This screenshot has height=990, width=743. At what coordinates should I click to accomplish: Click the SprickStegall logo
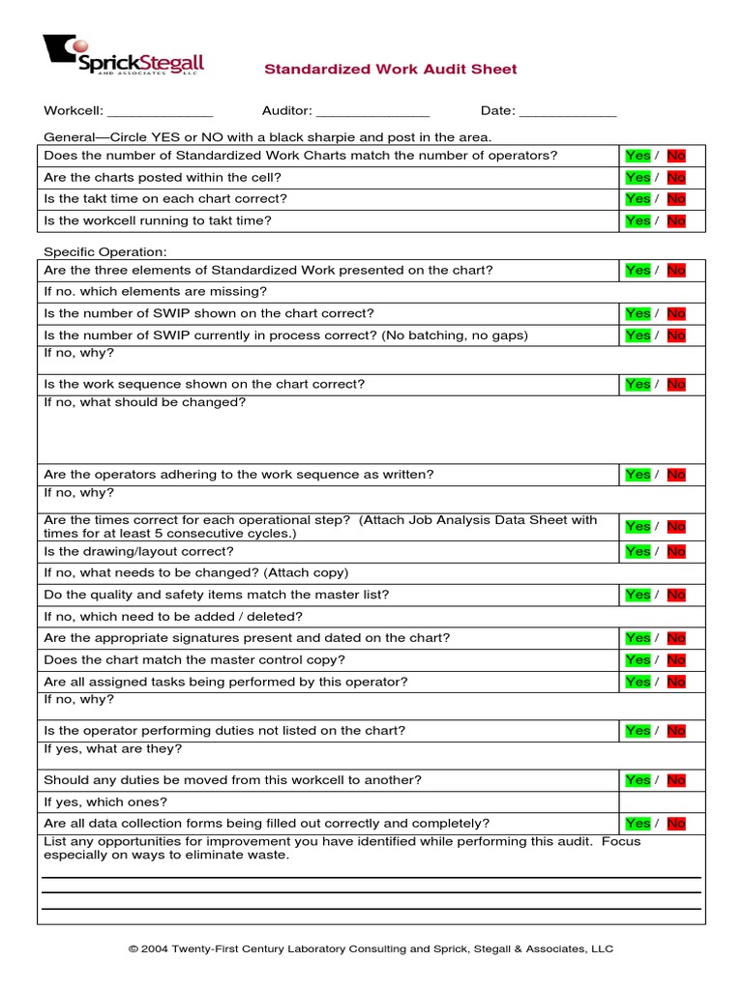[123, 55]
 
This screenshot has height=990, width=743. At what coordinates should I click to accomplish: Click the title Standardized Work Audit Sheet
[391, 70]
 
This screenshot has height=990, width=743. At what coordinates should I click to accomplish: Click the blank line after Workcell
[160, 112]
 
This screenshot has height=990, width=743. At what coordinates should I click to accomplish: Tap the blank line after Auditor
[372, 112]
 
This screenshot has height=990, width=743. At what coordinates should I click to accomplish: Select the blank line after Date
[568, 112]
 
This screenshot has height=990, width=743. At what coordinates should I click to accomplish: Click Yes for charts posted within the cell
[638, 178]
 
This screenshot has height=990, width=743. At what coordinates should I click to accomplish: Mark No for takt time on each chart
[676, 199]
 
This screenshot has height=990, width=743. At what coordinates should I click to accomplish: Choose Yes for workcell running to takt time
[638, 221]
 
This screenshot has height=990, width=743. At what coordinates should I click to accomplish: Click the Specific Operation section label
[105, 251]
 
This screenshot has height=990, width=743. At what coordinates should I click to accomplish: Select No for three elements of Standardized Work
[676, 271]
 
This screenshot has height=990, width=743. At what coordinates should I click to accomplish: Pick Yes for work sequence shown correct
[638, 385]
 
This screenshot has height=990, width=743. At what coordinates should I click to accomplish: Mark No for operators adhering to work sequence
[676, 475]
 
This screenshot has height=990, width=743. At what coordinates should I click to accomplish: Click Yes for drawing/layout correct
[638, 552]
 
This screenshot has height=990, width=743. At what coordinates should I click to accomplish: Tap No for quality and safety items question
[676, 596]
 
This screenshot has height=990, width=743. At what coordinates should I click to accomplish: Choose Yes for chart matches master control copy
[638, 660]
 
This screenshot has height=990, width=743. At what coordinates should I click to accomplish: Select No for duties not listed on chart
[676, 731]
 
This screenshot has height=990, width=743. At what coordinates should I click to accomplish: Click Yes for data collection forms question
[638, 824]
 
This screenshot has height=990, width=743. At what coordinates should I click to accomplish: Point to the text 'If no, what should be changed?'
[145, 402]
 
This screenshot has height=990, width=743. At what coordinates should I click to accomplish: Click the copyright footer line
[371, 949]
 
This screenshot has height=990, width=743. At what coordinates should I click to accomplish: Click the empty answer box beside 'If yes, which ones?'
[662, 802]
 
